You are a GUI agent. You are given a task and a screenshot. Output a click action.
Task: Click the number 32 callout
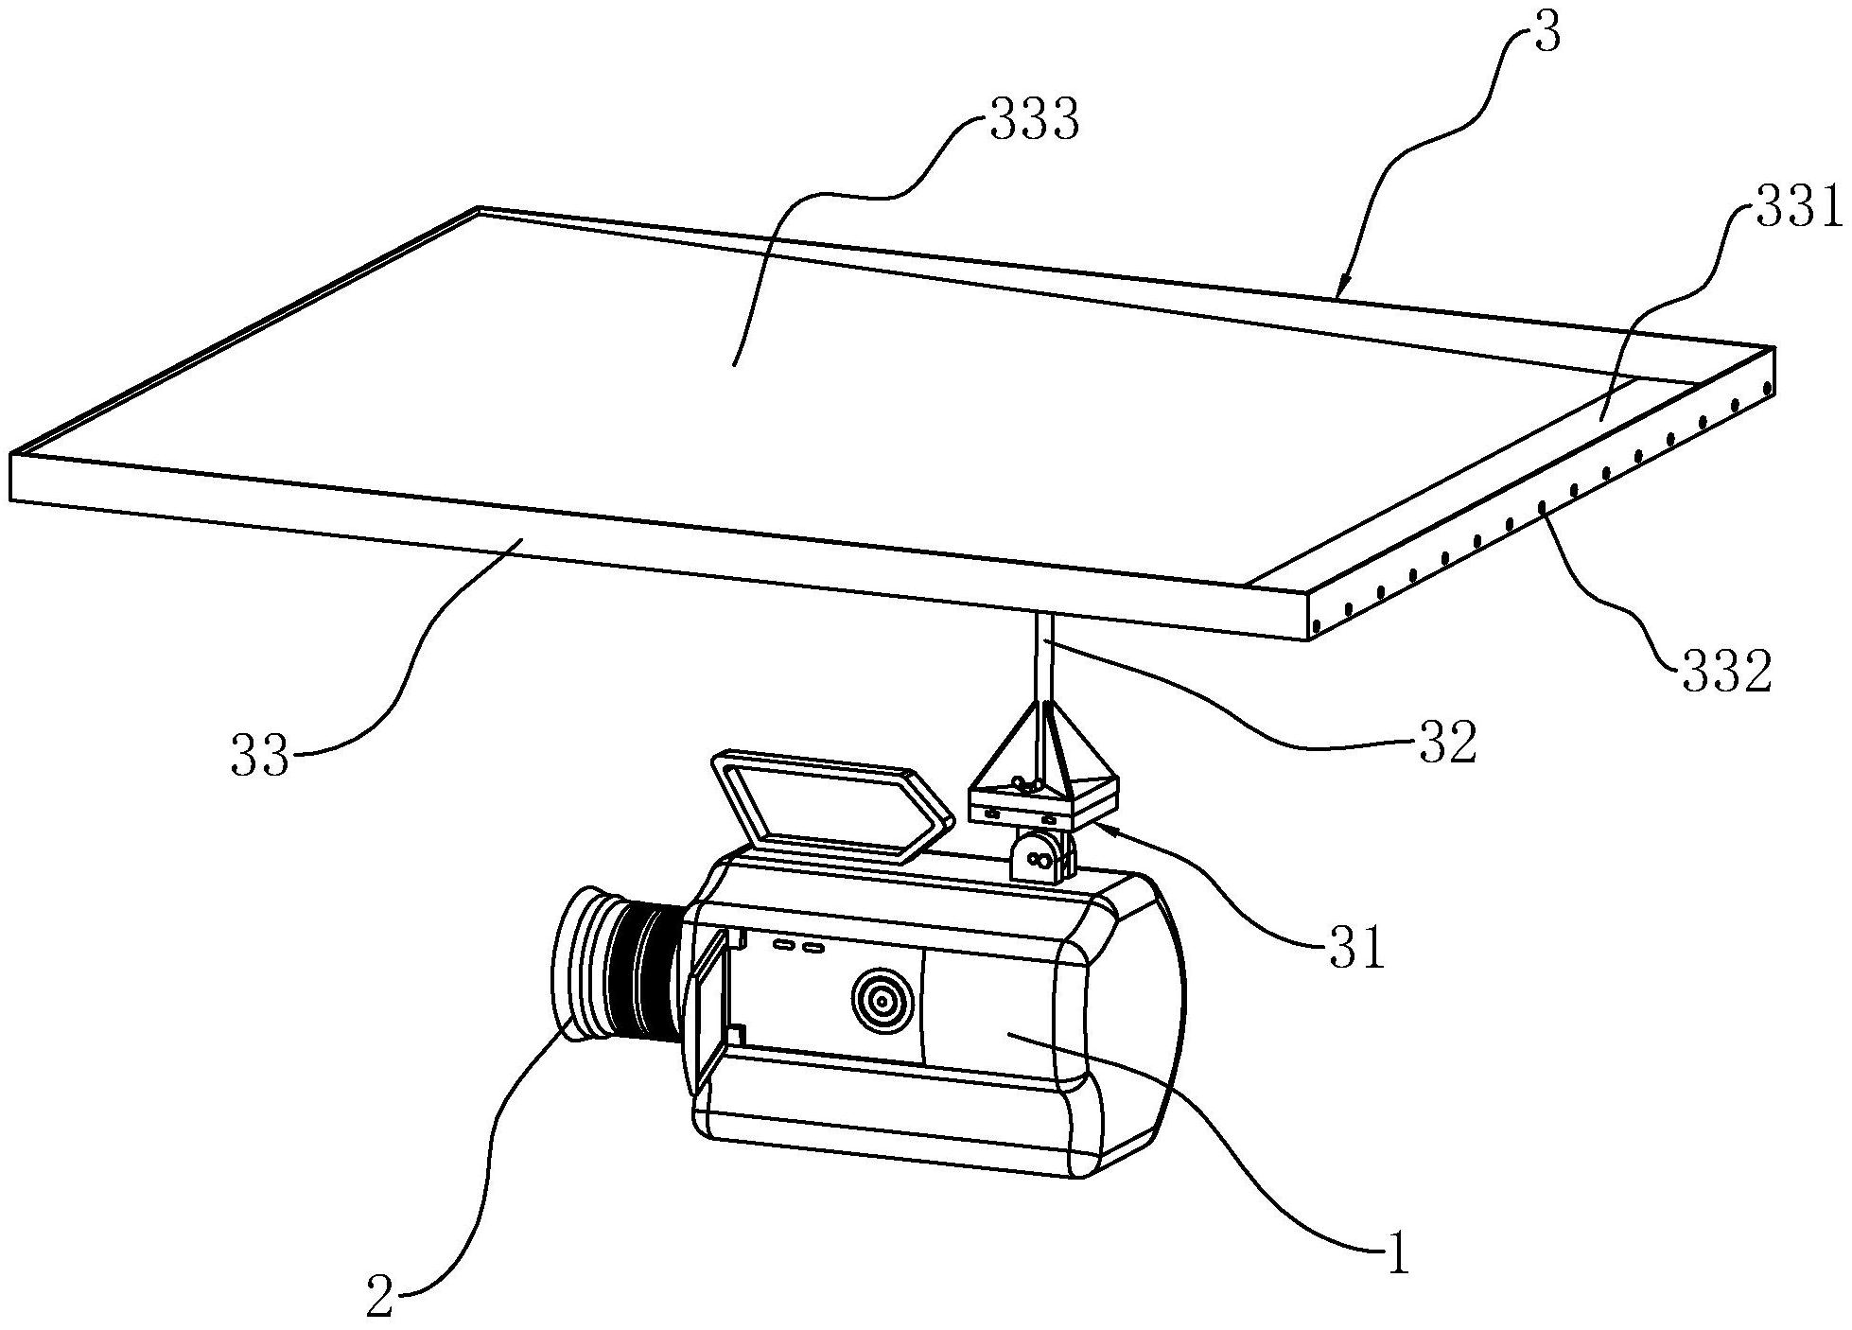tap(1445, 742)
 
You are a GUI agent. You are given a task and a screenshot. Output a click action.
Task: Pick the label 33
tap(260, 757)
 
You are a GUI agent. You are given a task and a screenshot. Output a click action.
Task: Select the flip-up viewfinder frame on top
tap(830, 805)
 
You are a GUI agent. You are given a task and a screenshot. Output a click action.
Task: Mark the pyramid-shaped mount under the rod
tap(1042, 762)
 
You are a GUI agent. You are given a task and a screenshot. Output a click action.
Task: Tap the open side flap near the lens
tap(711, 1006)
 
